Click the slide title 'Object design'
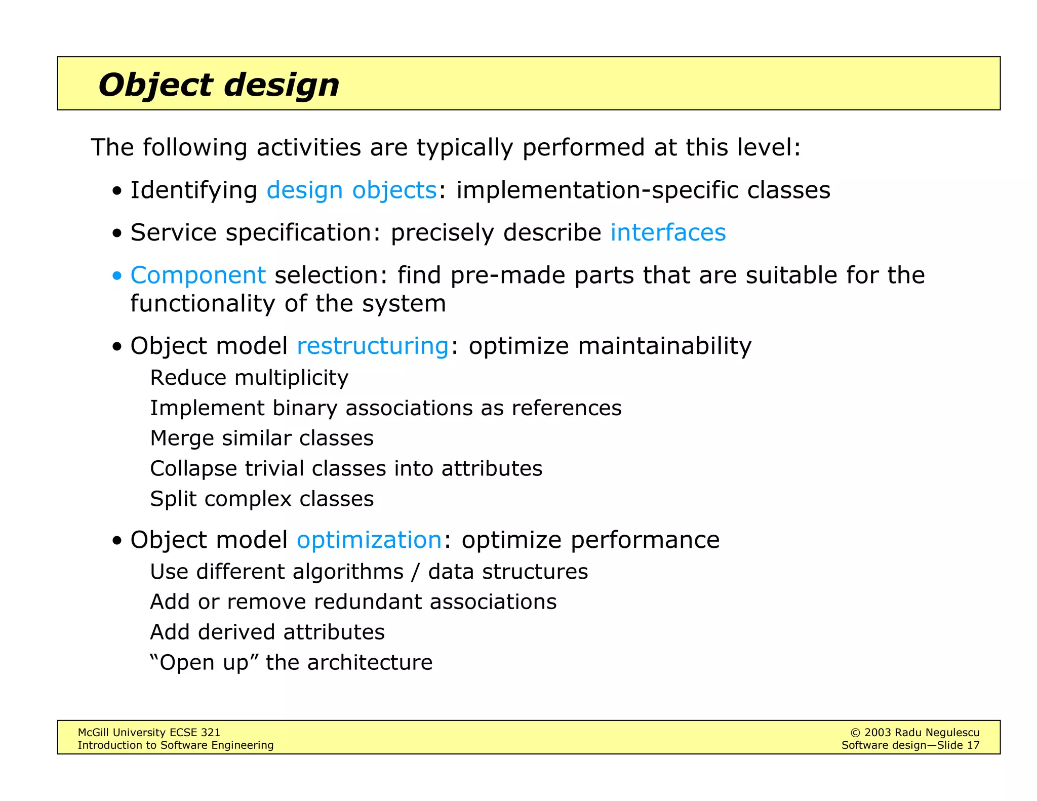point(219,85)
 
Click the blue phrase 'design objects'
point(351,190)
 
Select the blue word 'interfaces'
point(668,233)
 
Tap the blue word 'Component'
point(198,276)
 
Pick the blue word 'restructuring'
point(373,346)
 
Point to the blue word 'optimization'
point(369,540)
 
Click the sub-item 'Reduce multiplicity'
point(249,378)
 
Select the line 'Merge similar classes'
point(262,438)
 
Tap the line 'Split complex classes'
point(262,499)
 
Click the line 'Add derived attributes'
point(267,632)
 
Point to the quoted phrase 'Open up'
point(204,663)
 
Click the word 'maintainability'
point(664,346)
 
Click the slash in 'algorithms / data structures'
point(416,572)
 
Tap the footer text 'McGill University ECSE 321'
point(149,732)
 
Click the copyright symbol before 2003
point(855,733)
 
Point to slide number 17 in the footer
point(973,745)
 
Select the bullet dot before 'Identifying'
point(117,191)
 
